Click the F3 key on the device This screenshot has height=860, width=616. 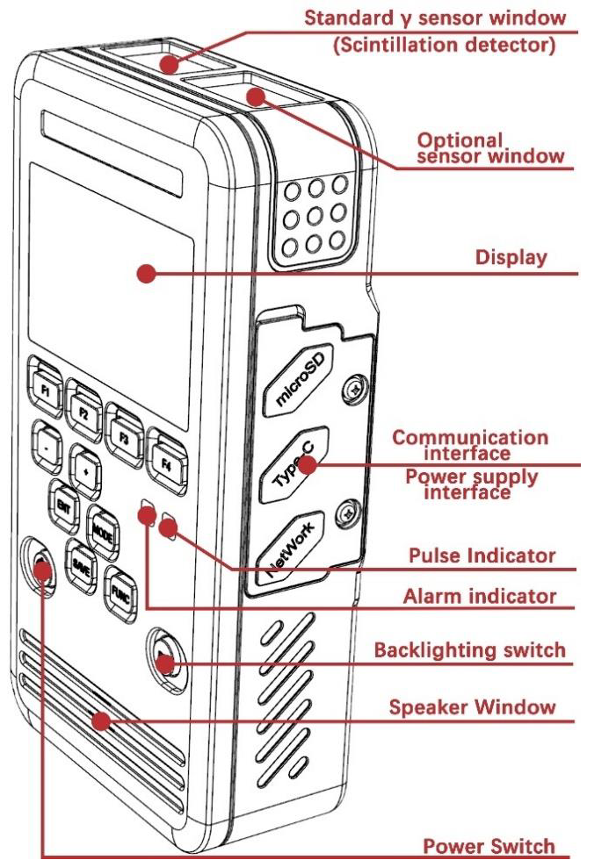124,437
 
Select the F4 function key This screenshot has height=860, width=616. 166,463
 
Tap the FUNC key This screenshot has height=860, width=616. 120,594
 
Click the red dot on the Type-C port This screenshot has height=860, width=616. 308,465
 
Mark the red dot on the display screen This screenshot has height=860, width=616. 146,273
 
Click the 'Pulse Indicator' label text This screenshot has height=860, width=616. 482,555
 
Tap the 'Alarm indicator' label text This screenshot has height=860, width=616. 480,596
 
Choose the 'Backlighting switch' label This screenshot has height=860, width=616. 470,650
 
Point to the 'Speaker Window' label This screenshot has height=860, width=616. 472,707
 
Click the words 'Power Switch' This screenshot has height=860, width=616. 489,846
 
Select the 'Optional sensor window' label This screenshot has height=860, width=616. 490,148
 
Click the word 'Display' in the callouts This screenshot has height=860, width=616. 511,257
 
